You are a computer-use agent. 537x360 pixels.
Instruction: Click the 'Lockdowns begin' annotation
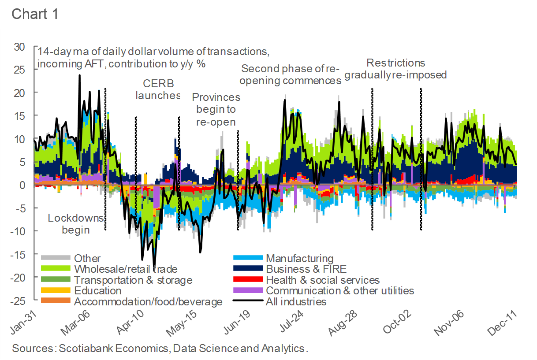pyautogui.click(x=75, y=224)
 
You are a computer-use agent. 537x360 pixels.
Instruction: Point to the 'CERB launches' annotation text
pyautogui.click(x=158, y=89)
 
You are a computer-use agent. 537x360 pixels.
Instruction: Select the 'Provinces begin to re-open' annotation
pyautogui.click(x=216, y=109)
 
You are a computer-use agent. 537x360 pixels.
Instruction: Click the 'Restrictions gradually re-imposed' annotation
pyautogui.click(x=395, y=69)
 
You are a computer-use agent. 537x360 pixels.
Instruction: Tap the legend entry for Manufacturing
pyautogui.click(x=299, y=259)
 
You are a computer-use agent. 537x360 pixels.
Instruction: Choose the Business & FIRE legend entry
pyautogui.click(x=306, y=269)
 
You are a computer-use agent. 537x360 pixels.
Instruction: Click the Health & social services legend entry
pyautogui.click(x=322, y=280)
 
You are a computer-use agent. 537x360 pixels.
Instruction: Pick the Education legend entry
pyautogui.click(x=97, y=291)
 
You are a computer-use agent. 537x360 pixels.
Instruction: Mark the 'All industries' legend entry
pyautogui.click(x=296, y=302)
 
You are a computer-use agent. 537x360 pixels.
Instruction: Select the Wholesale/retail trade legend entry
pyautogui.click(x=126, y=269)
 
